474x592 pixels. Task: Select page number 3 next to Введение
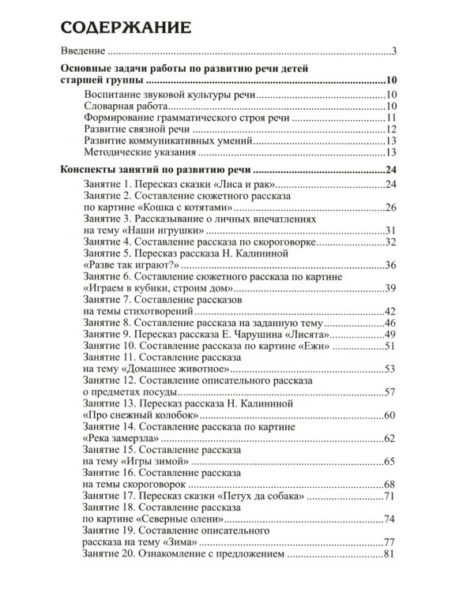tap(393, 54)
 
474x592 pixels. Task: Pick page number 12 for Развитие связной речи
tap(390, 129)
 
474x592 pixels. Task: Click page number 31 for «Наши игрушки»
tap(389, 230)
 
